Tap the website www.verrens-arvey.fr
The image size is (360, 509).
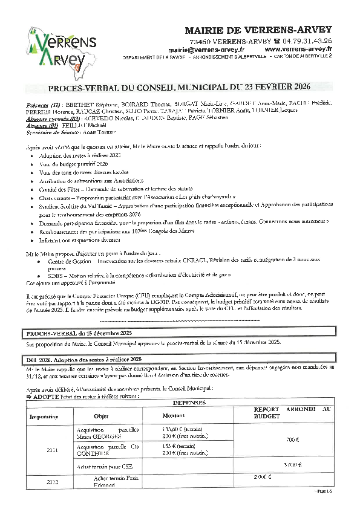point(298,49)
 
